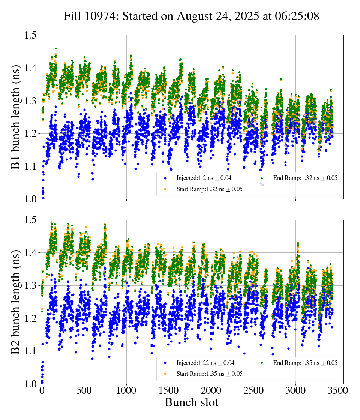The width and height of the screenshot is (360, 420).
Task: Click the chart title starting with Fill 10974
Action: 191,16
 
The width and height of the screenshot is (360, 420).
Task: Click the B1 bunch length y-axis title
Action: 16,117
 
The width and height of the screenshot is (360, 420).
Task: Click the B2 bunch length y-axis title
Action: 16,301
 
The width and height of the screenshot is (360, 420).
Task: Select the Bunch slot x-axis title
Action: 191,403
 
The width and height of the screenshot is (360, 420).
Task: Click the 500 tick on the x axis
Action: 84,391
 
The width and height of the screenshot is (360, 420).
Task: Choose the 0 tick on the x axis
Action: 42,391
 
